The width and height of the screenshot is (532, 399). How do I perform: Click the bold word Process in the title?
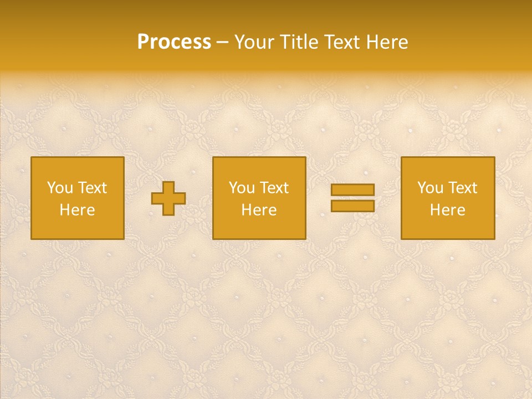(x=174, y=42)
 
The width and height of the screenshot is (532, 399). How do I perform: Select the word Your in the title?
(x=253, y=42)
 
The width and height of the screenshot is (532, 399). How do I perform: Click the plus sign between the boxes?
(x=168, y=198)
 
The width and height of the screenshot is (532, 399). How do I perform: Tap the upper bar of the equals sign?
(x=352, y=190)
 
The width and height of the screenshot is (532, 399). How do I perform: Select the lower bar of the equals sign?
(x=352, y=206)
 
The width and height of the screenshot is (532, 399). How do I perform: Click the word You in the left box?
(x=60, y=188)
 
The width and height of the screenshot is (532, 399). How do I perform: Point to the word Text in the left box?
(x=92, y=188)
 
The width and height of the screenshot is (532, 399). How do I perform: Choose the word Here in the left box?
(x=78, y=210)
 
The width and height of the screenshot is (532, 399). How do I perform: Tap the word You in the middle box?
(x=242, y=188)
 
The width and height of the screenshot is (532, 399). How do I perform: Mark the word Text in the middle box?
(x=274, y=188)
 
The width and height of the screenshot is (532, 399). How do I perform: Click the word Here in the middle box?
(x=259, y=210)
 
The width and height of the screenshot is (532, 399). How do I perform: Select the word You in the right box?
(x=430, y=188)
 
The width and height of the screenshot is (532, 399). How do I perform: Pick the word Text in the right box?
(x=462, y=188)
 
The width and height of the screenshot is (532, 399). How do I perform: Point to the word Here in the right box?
(x=448, y=210)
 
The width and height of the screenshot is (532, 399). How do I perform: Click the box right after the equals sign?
(x=448, y=227)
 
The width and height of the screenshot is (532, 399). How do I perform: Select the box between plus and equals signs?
(x=259, y=227)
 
